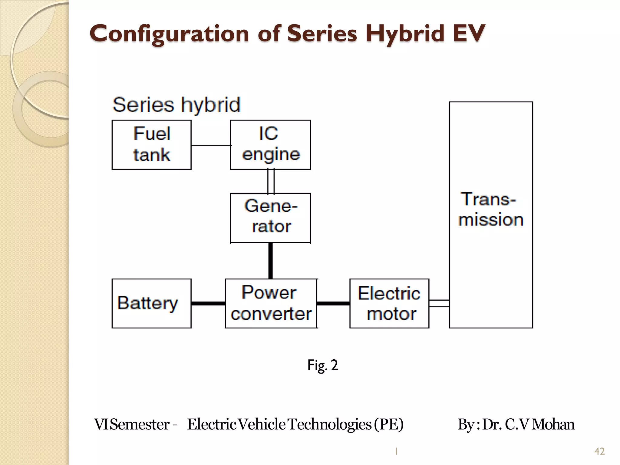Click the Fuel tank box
[151, 145]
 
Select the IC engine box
[270, 145]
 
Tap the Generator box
[270, 217]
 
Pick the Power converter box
[271, 303]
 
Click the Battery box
[151, 303]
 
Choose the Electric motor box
[389, 303]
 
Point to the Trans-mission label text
[491, 209]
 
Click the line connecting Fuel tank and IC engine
[211, 145]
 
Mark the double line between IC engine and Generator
[271, 181]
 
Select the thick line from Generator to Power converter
[270, 260]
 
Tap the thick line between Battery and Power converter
[208, 303]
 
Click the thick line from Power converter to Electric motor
[333, 303]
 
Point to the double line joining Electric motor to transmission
[439, 303]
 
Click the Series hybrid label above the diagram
[176, 105]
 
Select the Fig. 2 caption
[322, 365]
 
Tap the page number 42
[599, 451]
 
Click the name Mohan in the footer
[553, 424]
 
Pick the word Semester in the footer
[140, 424]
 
